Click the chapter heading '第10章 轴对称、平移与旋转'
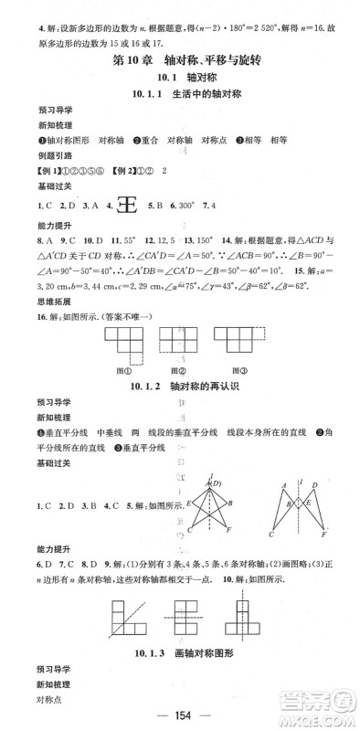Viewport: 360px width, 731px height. coord(182,62)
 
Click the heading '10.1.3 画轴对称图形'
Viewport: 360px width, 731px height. coord(181,668)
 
